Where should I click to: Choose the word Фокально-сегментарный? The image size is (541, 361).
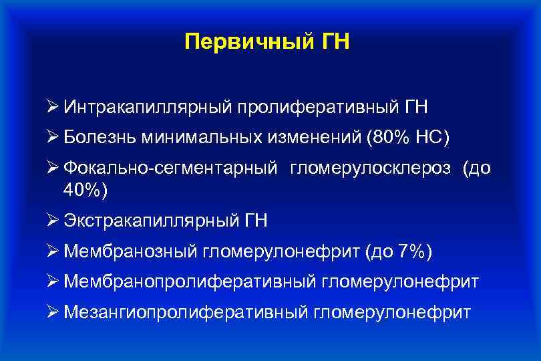[171, 169]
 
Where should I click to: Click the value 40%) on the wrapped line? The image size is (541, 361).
[84, 190]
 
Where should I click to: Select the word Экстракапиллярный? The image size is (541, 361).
[144, 220]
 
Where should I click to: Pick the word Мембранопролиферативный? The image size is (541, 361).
[190, 282]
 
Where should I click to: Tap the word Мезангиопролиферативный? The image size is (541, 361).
[186, 312]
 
